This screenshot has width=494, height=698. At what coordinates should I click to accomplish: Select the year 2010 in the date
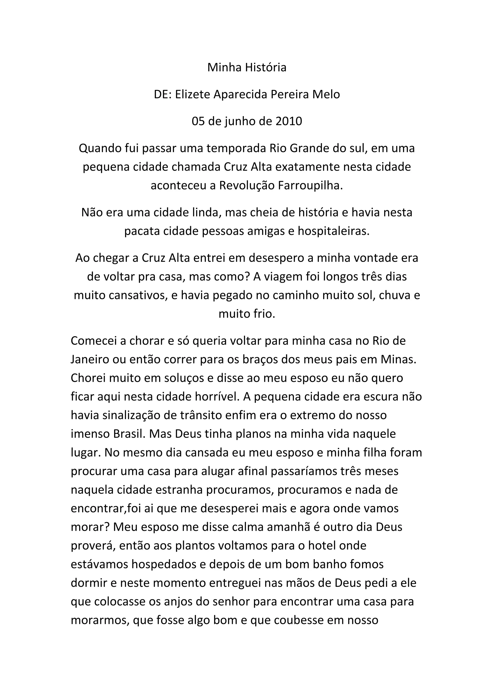(x=289, y=121)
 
